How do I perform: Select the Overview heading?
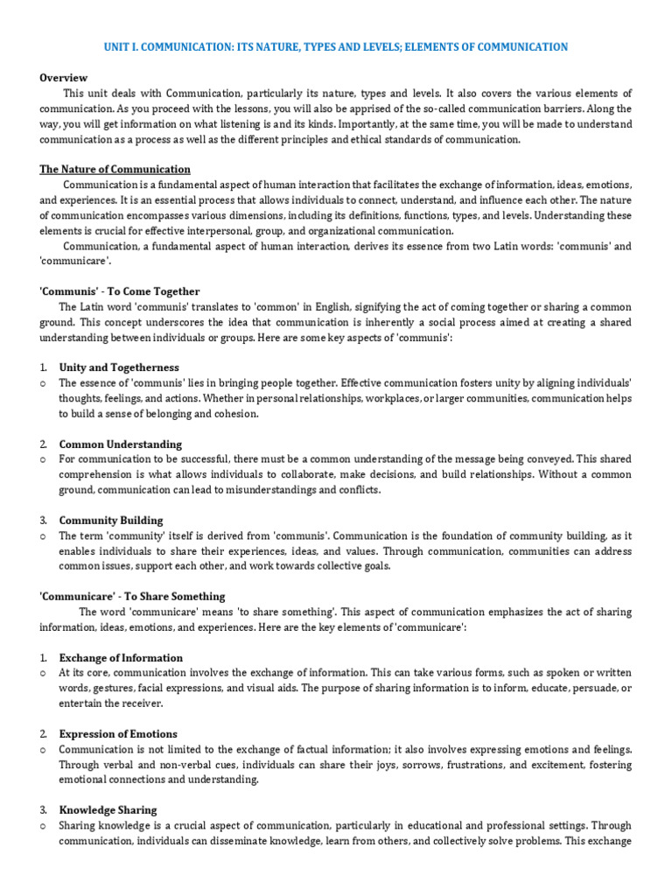coord(64,78)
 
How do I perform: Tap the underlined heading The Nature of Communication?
coord(115,169)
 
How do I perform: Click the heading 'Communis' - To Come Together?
coord(120,291)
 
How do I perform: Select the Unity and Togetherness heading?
coord(119,367)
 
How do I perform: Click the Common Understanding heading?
coord(121,444)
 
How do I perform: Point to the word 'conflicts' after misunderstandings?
coord(356,490)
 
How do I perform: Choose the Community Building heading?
coord(111,520)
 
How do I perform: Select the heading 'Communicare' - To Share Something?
coord(132,596)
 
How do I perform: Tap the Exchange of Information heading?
coord(121,657)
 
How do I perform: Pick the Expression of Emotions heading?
coord(118,733)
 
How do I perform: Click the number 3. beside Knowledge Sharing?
coord(44,810)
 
